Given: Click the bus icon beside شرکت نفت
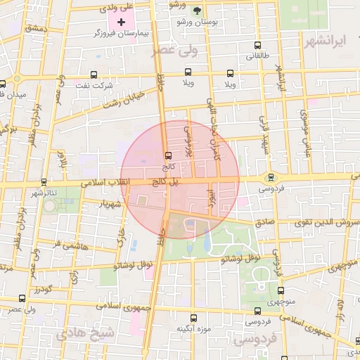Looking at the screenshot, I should [x=94, y=75].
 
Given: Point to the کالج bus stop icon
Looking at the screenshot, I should [x=167, y=155].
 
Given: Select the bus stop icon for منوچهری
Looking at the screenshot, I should [x=281, y=290].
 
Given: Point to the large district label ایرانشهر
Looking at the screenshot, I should [x=328, y=39].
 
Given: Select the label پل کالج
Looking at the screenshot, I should [x=153, y=181].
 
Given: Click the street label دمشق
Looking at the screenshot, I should [x=35, y=28].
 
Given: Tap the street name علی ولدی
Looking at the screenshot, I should [x=116, y=7].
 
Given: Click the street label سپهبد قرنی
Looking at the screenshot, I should [x=266, y=134].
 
